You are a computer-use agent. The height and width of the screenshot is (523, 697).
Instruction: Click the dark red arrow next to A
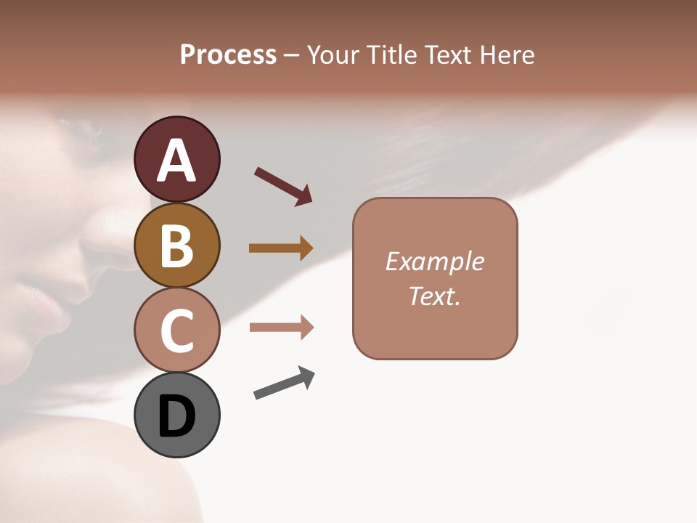pos(283,185)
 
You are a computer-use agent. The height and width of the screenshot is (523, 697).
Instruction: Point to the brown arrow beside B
pos(281,248)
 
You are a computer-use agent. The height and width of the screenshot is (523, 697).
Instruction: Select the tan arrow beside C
pos(281,328)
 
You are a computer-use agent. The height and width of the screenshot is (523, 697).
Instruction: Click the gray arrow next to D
pos(284,383)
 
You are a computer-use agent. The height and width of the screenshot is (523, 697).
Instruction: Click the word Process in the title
pos(228,55)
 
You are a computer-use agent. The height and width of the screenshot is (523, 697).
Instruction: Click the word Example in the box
pos(434,261)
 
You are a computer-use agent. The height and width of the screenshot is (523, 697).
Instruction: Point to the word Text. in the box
pos(434,296)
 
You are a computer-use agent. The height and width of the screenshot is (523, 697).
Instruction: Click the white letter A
pos(176,161)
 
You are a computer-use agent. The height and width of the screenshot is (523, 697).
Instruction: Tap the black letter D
pos(176,416)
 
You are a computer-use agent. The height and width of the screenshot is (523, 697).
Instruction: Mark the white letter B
pos(176,246)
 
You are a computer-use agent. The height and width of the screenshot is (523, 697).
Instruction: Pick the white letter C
pos(176,331)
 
